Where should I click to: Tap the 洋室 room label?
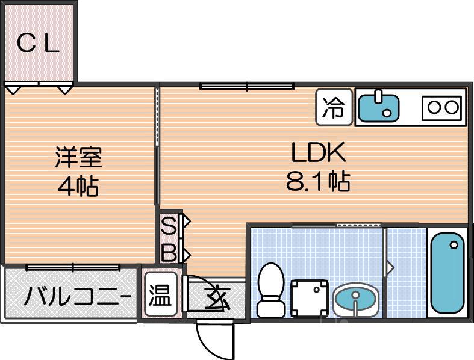78,157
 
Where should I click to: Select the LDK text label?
318,154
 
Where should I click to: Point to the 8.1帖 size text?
317,182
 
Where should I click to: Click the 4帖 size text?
78,187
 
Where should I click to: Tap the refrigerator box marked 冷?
334,108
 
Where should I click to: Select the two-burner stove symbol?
443,108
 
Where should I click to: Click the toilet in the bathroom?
270,290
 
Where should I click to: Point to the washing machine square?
309,297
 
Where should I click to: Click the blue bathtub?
447,275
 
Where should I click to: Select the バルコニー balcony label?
77,297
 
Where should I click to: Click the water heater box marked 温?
160,296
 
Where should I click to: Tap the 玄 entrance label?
216,298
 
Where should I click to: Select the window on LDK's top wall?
247,87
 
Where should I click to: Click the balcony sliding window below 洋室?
73,266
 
